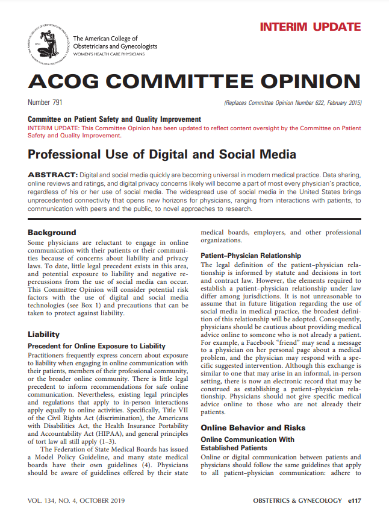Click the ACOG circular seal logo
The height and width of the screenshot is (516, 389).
click(x=48, y=43)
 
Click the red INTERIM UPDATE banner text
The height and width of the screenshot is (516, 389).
click(x=310, y=27)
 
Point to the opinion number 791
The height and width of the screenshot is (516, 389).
click(x=57, y=102)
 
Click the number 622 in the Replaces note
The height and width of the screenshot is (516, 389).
click(x=313, y=102)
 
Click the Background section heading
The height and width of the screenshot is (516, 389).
click(x=52, y=232)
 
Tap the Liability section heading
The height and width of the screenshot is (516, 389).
click(x=43, y=333)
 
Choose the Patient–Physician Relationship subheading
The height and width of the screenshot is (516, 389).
click(x=251, y=255)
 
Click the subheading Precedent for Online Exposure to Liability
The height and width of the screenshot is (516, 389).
click(x=96, y=345)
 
